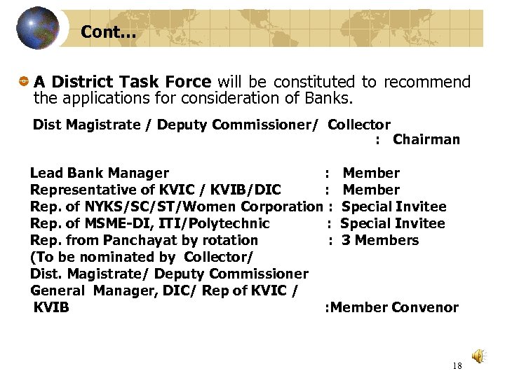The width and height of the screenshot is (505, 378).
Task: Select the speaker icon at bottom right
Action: pyautogui.click(x=478, y=356)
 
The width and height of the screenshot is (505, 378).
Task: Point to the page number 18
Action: pyautogui.click(x=457, y=365)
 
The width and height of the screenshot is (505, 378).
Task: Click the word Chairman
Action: pyautogui.click(x=426, y=139)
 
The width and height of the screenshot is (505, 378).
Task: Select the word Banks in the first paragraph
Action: pyautogui.click(x=335, y=98)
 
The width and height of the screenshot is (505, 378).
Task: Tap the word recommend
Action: pyautogui.click(x=426, y=83)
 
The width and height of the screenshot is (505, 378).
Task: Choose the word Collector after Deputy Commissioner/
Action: pyautogui.click(x=359, y=125)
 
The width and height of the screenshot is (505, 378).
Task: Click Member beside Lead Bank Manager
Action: pyautogui.click(x=371, y=173)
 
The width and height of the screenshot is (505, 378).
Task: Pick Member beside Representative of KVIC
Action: pyautogui.click(x=371, y=190)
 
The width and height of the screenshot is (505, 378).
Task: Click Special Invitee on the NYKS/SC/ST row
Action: pyautogui.click(x=393, y=206)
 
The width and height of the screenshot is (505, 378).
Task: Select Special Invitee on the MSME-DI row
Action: pyautogui.click(x=393, y=223)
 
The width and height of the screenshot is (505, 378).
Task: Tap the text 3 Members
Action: pyautogui.click(x=380, y=240)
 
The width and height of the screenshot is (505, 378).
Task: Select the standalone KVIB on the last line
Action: pyautogui.click(x=51, y=307)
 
